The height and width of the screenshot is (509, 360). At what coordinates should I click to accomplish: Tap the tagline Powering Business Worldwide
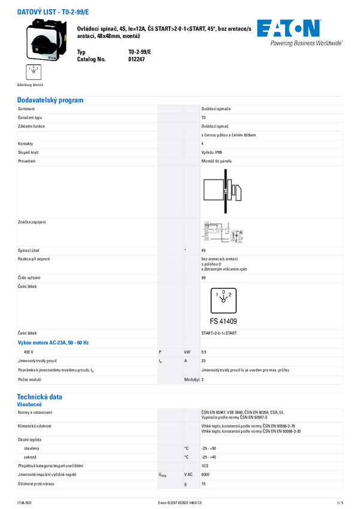pyautogui.click(x=306, y=43)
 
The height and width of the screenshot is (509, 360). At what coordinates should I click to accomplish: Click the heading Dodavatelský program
pyautogui.click(x=50, y=100)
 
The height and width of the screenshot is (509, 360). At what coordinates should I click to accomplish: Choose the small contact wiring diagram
pyautogui.click(x=222, y=232)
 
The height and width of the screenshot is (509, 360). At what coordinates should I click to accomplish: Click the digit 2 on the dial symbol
pyautogui.click(x=230, y=295)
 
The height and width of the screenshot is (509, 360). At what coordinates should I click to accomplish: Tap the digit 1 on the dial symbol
pyautogui.click(x=216, y=295)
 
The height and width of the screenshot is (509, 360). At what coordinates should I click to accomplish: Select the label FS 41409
pyautogui.click(x=223, y=320)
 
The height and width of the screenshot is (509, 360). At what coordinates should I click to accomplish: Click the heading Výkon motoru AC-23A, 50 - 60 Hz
pyautogui.click(x=53, y=343)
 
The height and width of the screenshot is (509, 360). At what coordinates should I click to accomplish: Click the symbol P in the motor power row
pyautogui.click(x=160, y=352)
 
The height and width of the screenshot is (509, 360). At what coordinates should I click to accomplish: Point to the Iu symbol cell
pyautogui.click(x=161, y=361)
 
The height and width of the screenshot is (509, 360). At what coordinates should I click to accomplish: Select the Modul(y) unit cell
pyautogui.click(x=192, y=380)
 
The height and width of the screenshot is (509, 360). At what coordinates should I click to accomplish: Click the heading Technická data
pyautogui.click(x=40, y=396)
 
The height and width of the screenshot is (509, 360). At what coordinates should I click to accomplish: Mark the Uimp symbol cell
pyautogui.click(x=162, y=475)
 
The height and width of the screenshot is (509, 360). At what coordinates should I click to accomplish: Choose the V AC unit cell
pyautogui.click(x=189, y=474)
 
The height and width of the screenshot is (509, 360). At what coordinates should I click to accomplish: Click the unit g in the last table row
pyautogui.click(x=186, y=484)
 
